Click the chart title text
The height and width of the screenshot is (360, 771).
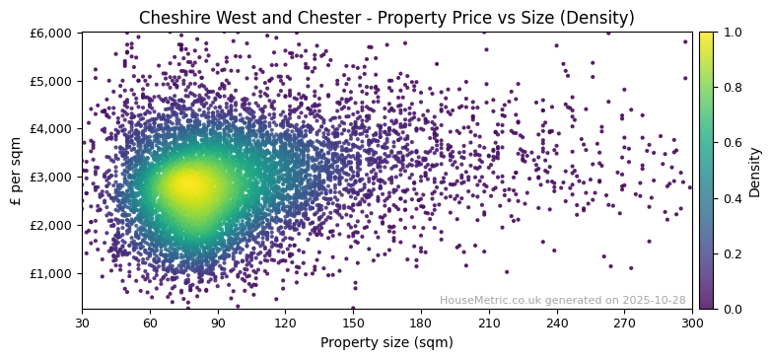pos(386,18)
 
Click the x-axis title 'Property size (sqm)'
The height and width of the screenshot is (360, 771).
pos(386,342)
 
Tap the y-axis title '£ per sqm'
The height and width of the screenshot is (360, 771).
pos(16,171)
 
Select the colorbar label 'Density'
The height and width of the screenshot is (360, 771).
pos(754,171)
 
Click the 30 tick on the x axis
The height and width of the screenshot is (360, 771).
pos(82,323)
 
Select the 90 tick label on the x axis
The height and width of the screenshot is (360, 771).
pos(218,323)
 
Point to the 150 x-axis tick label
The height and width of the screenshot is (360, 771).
pos(353,323)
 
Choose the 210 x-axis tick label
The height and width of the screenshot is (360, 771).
pos(489,323)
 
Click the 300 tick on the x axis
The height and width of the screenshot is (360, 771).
pos(692,323)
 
